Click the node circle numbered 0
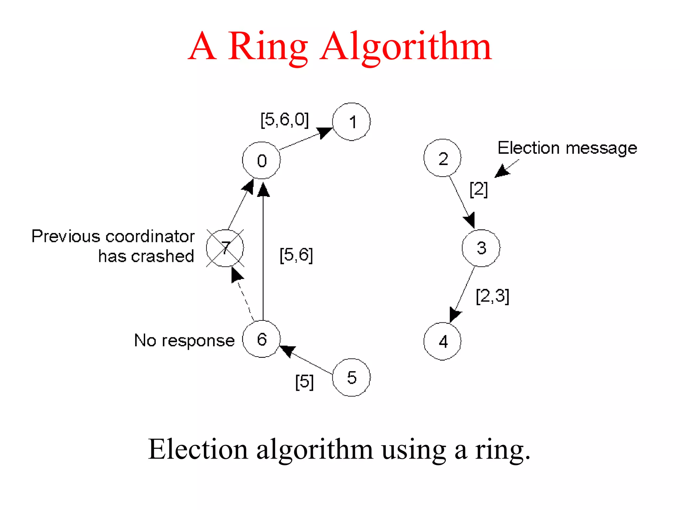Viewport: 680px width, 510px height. tap(261, 160)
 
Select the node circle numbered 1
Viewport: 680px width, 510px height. tap(351, 122)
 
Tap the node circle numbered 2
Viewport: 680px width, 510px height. tap(442, 158)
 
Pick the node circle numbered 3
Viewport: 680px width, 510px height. tap(481, 248)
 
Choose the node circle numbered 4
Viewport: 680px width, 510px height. tap(442, 341)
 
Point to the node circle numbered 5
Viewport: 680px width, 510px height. tap(351, 378)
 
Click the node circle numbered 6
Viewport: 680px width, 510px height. tap(261, 339)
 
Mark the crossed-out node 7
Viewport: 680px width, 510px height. tap(225, 248)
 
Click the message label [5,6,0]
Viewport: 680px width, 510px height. tap(285, 120)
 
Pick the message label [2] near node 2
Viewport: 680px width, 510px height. tap(478, 189)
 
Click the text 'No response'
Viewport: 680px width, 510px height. tap(184, 341)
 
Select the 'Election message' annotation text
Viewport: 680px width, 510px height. tap(567, 148)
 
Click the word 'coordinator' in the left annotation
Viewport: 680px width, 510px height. tap(150, 236)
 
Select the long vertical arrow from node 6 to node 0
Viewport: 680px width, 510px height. tap(263, 252)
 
